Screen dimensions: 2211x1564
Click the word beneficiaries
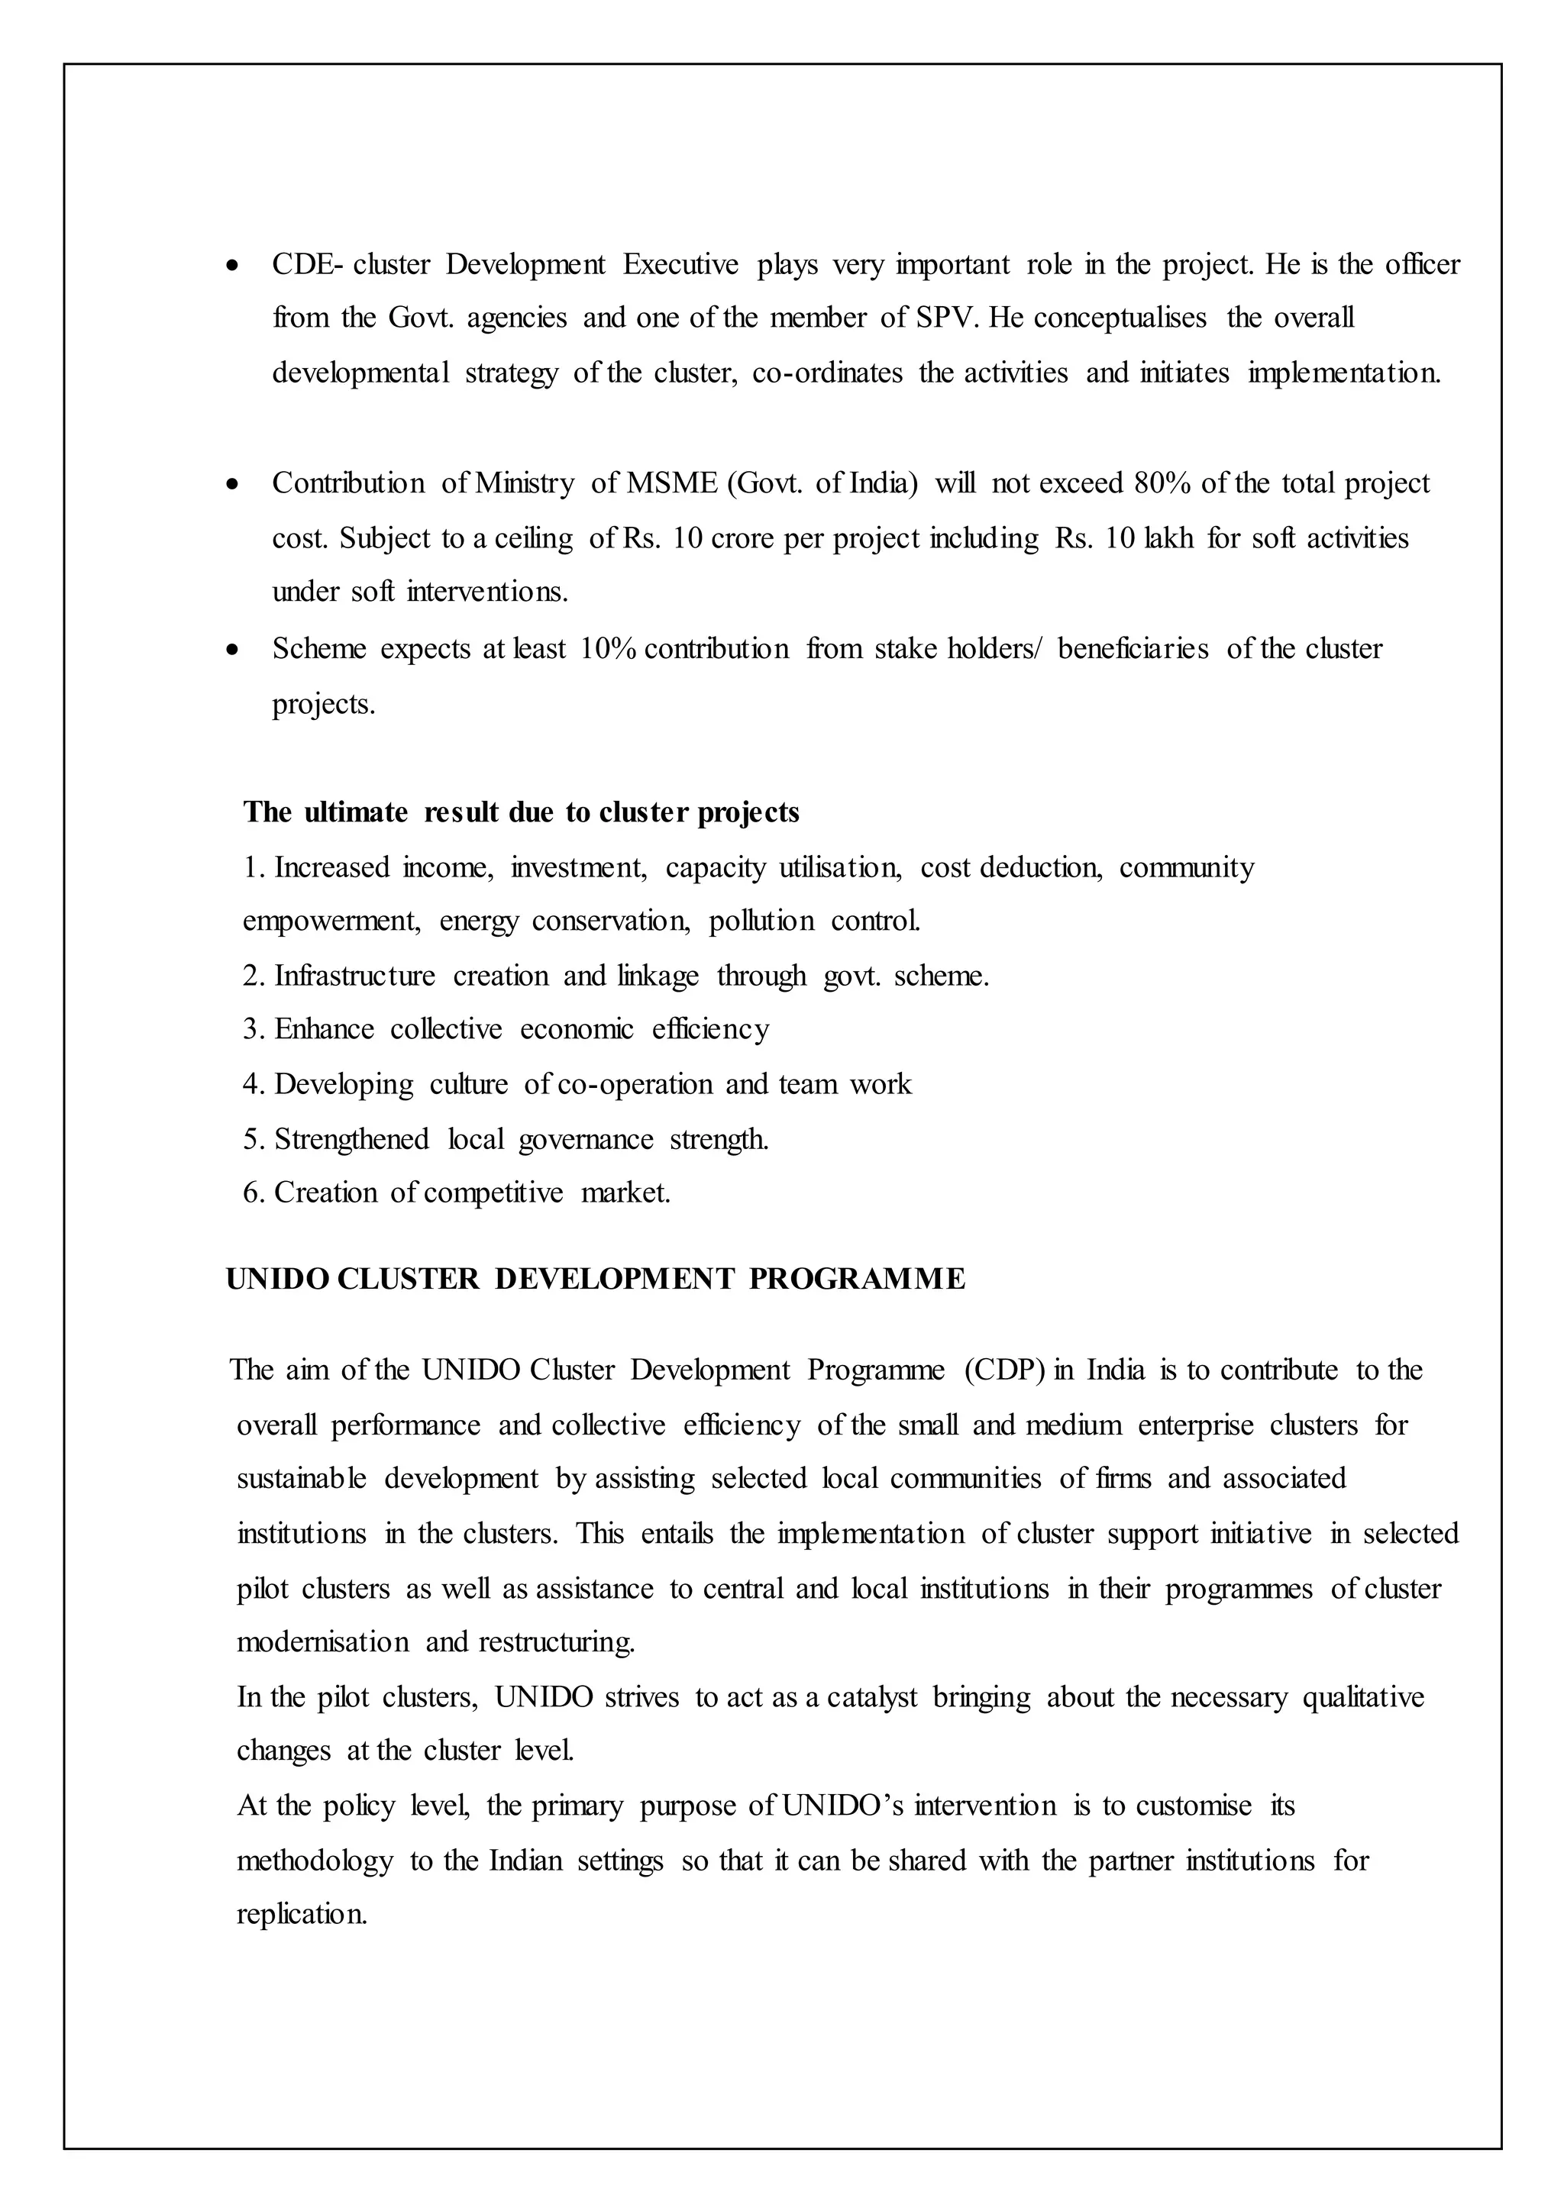tap(1133, 649)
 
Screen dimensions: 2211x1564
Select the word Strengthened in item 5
tap(351, 1139)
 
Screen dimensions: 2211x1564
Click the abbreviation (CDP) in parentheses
tap(1004, 1370)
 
